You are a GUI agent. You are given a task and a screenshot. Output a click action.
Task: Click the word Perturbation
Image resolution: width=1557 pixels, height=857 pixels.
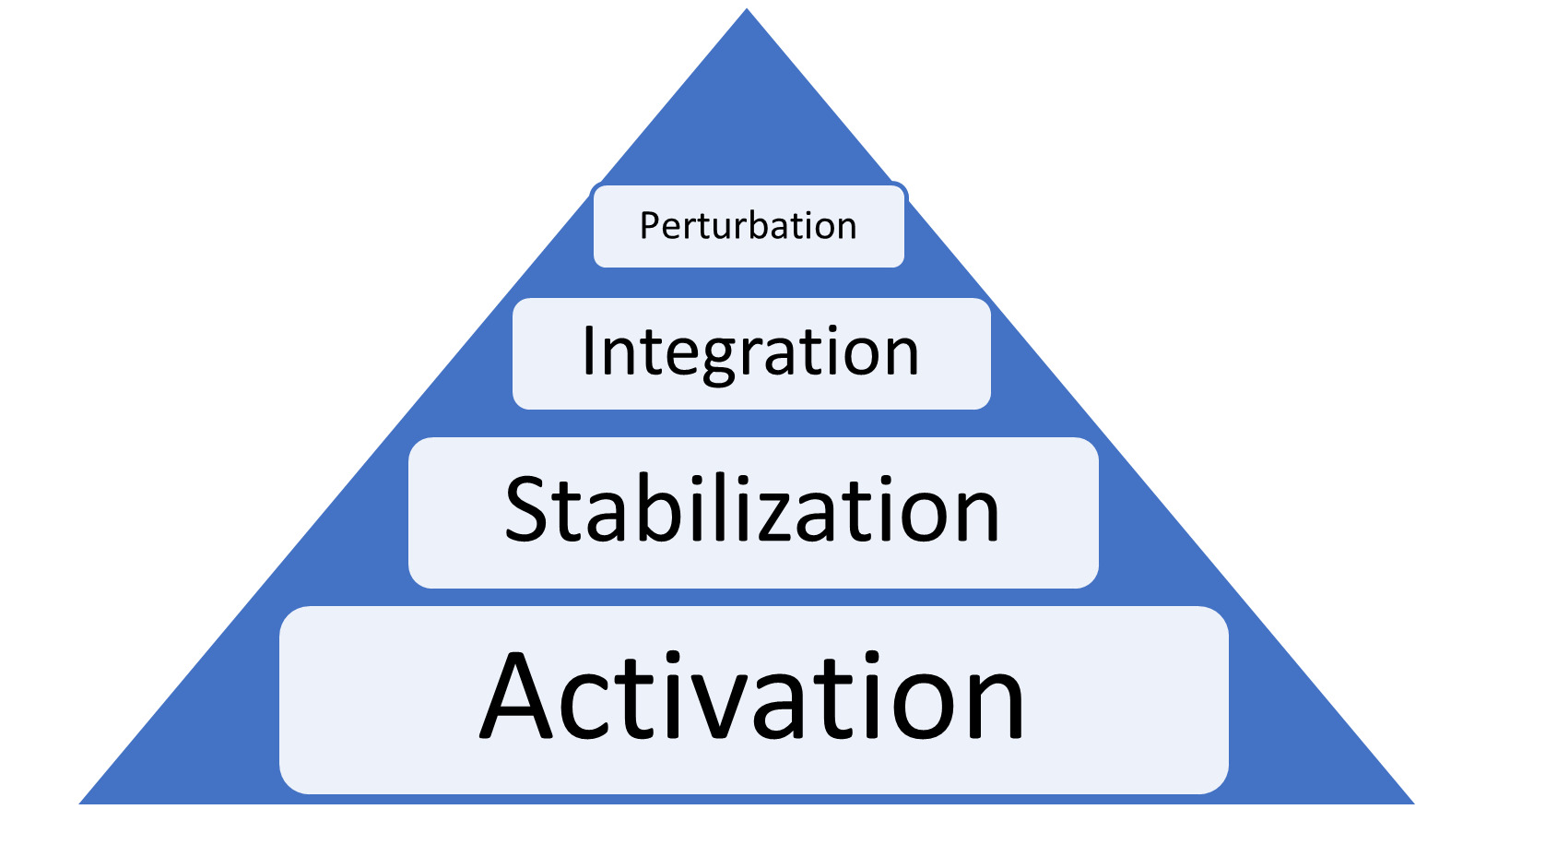pos(748,226)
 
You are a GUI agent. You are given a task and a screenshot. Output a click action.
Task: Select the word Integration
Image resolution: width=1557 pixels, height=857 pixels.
pos(750,352)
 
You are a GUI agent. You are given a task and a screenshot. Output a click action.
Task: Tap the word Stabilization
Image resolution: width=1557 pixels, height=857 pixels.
pos(752,510)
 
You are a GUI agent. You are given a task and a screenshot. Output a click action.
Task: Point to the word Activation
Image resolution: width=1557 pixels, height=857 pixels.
pos(752,697)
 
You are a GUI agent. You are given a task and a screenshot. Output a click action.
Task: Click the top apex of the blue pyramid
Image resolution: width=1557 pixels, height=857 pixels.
pos(747,11)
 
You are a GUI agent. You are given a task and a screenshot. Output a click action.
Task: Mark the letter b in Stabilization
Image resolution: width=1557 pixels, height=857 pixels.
pos(661,509)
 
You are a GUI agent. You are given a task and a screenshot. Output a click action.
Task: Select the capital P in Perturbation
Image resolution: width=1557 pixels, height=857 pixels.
pos(649,226)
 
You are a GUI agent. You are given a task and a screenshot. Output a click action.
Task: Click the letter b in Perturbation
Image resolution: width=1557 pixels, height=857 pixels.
pos(753,226)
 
